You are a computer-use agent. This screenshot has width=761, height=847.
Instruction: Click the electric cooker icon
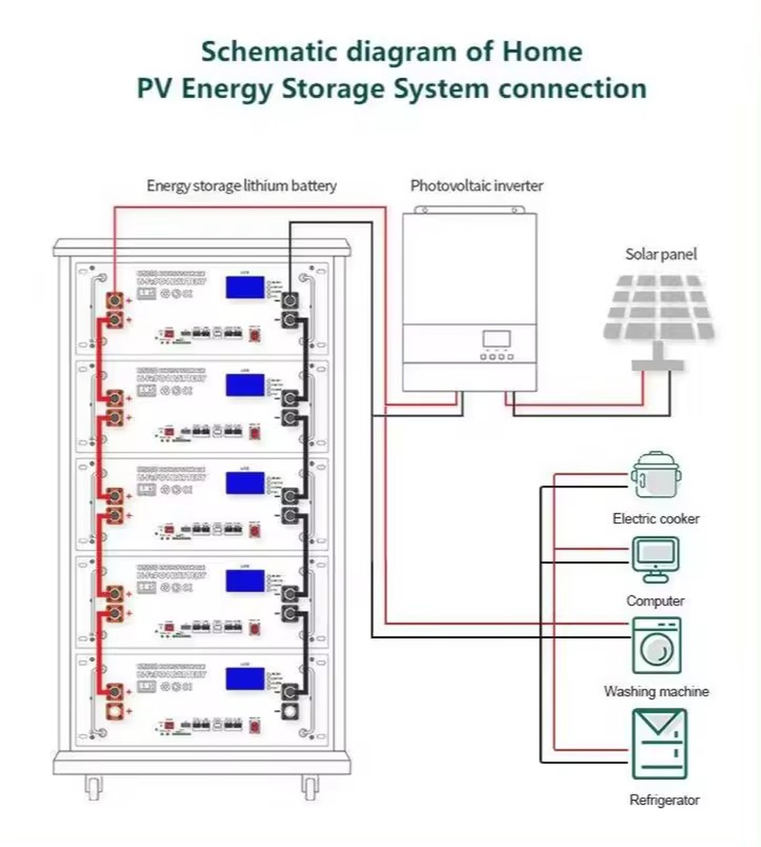coord(656,475)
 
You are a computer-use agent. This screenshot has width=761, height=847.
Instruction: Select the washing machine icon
coord(657,645)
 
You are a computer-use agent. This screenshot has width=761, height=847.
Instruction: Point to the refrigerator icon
coord(659,743)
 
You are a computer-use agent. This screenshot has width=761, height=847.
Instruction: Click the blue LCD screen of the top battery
coord(245,287)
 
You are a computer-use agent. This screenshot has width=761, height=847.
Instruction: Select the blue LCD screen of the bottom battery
coord(245,678)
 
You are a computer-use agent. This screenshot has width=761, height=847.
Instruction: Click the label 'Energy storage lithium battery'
coord(241,186)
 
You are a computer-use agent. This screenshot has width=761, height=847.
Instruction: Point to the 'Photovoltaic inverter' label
coord(476,186)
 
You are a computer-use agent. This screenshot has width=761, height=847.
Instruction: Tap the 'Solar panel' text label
coord(661,254)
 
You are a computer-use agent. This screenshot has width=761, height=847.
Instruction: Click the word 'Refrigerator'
coord(664,800)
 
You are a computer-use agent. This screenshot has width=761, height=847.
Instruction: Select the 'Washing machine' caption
coord(656,691)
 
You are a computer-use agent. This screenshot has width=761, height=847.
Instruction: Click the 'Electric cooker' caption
coord(656,519)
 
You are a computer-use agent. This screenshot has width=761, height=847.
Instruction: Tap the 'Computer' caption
coord(655,601)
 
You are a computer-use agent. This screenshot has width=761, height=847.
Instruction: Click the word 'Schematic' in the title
coord(268,52)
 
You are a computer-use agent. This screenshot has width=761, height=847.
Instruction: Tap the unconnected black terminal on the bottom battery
coord(290,711)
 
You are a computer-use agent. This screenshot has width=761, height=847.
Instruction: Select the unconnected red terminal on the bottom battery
coord(114,711)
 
